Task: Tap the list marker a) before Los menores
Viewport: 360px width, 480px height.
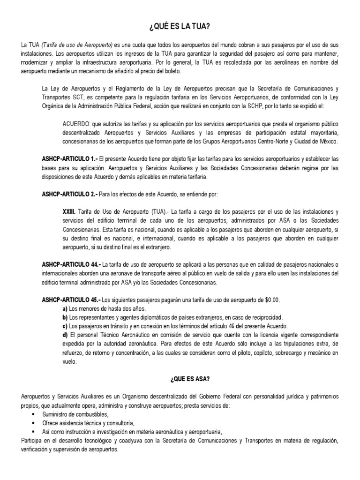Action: [x=65, y=308]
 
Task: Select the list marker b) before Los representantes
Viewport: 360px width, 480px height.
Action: [x=65, y=317]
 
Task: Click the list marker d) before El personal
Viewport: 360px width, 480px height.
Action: [x=65, y=335]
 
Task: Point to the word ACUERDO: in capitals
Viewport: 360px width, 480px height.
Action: [x=78, y=124]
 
